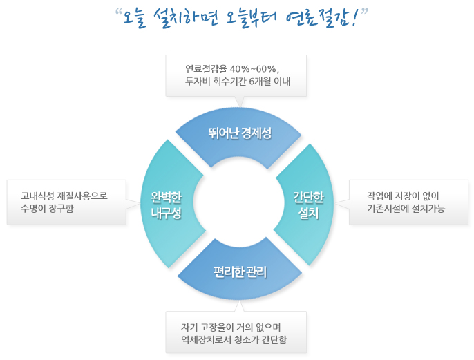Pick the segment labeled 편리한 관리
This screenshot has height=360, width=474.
coord(240,272)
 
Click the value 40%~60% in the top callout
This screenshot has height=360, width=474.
coord(254,69)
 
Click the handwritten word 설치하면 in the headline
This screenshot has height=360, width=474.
coord(186,18)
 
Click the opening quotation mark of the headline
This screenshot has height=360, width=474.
coord(119,12)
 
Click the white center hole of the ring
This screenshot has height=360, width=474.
coord(238,203)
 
